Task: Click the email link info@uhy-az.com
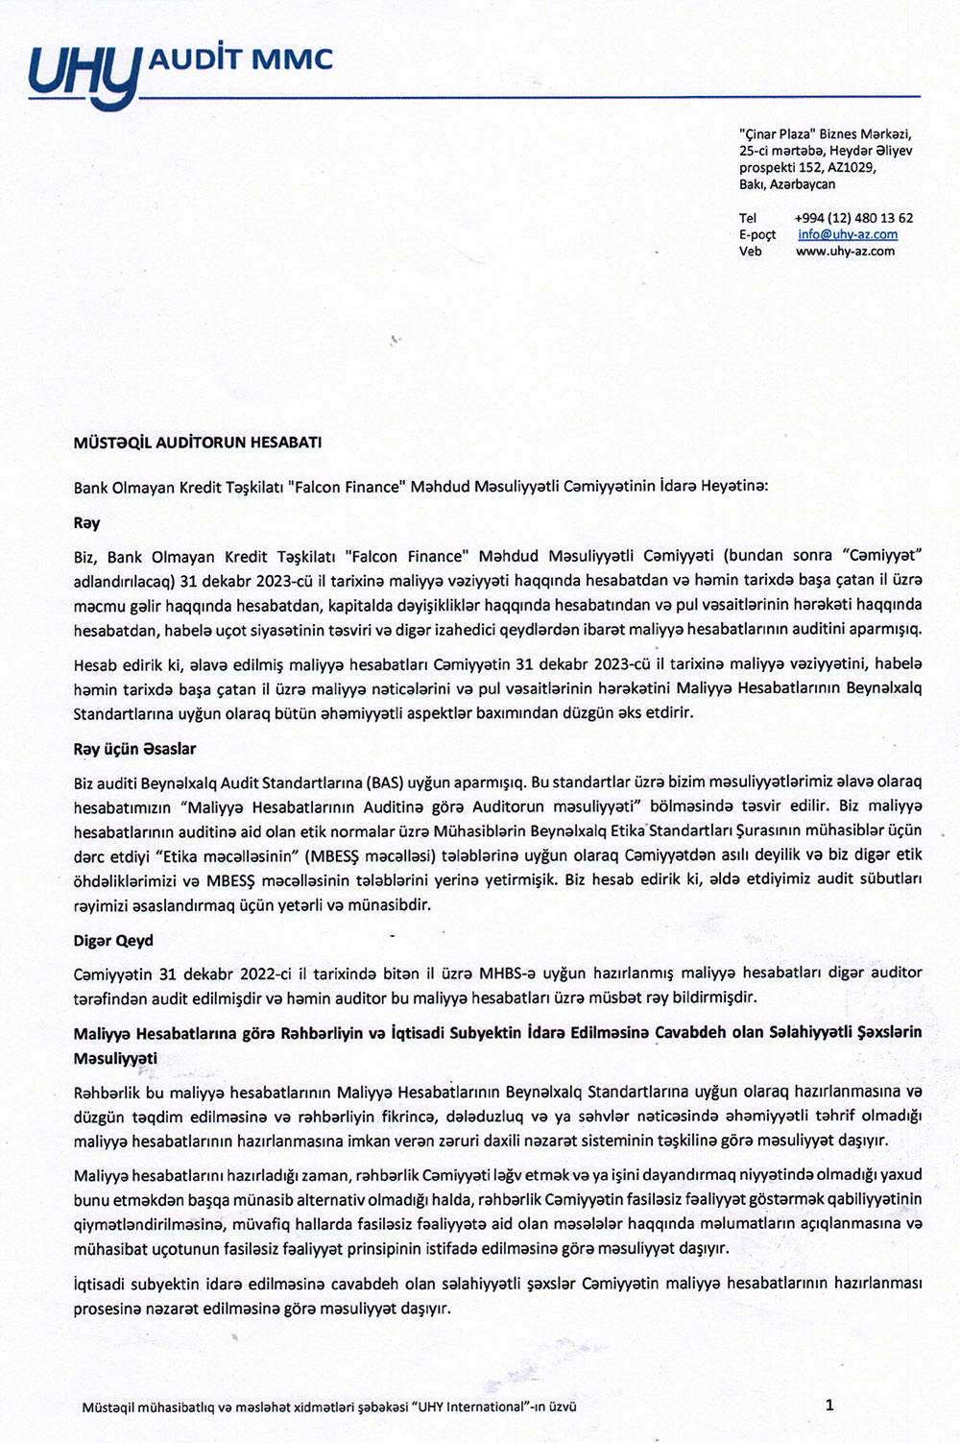tap(848, 234)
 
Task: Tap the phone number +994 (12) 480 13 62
tap(853, 218)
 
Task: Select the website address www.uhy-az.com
tap(845, 251)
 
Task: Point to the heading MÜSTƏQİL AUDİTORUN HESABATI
tap(198, 444)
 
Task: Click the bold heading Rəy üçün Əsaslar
tap(134, 748)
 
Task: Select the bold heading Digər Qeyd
tap(113, 940)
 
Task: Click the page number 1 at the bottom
tap(829, 1406)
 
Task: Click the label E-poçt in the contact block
tap(757, 234)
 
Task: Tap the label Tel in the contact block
tap(748, 218)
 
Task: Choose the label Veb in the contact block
tap(750, 251)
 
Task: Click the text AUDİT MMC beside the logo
tap(239, 60)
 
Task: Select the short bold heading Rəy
tap(86, 523)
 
